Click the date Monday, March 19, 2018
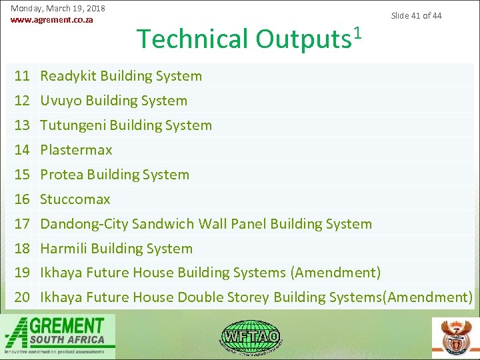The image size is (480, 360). [58, 9]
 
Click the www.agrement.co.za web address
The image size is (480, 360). [52, 20]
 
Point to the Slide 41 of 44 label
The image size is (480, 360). [416, 15]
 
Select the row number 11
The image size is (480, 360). [23, 76]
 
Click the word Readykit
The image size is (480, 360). [67, 76]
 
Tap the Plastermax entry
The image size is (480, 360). [76, 150]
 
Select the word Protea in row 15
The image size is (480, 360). [61, 175]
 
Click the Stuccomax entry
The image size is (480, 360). [75, 199]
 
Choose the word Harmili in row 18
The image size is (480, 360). [63, 249]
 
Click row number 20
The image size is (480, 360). [23, 297]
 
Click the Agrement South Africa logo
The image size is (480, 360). [59, 335]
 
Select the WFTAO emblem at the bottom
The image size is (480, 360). [251, 335]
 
